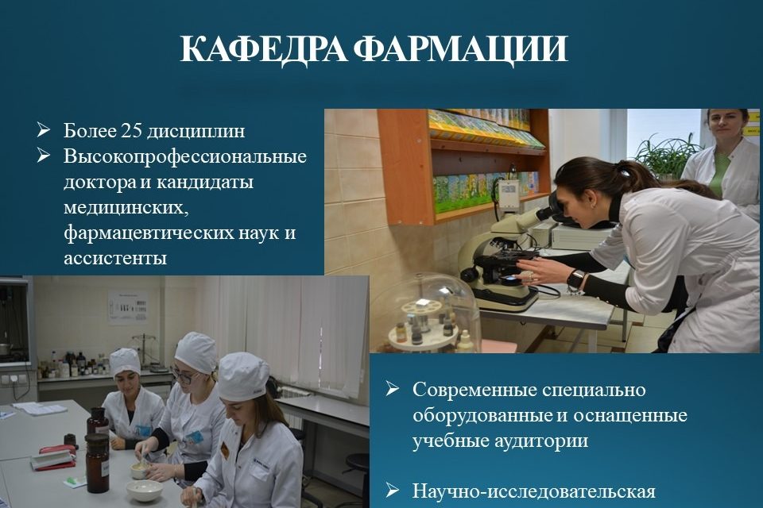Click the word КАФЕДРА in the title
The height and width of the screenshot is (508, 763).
tap(263, 48)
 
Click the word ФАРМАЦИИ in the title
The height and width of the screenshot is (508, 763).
tap(461, 48)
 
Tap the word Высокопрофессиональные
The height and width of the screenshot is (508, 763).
tap(185, 156)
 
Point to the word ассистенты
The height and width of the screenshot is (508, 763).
tap(114, 258)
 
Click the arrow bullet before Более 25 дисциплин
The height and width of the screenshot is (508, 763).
tap(43, 129)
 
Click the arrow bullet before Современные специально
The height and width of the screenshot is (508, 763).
tap(392, 388)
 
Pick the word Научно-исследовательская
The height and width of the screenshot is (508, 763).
tap(534, 491)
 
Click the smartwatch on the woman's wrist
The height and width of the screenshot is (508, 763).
tap(575, 280)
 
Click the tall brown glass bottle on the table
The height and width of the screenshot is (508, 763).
tap(97, 462)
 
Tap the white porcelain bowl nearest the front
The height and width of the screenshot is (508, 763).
tap(144, 490)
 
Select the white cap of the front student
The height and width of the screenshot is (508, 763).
tap(243, 375)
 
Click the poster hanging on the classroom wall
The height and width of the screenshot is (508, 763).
tap(127, 307)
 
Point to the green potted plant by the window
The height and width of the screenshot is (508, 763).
tap(667, 156)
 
